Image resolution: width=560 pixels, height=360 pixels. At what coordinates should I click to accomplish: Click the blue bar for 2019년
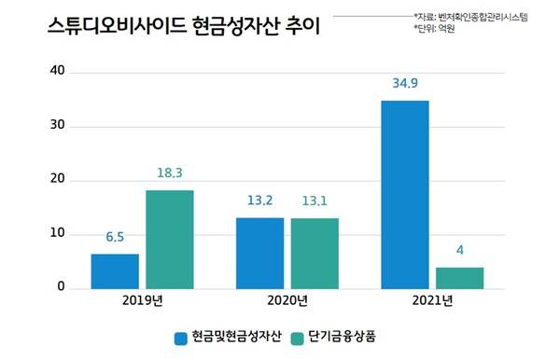[115, 270]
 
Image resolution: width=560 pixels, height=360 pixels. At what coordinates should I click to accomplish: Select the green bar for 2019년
[169, 239]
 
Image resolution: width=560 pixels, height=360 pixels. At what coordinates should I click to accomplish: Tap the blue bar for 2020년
[259, 253]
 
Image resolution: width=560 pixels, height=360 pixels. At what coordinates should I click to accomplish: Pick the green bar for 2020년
[314, 253]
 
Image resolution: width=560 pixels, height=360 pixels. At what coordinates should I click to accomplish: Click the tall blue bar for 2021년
[404, 194]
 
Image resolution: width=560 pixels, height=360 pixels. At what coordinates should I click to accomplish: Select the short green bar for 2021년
[459, 277]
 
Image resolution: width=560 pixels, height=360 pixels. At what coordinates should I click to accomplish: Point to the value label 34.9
[404, 85]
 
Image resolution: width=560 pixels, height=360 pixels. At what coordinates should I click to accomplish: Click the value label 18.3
[169, 174]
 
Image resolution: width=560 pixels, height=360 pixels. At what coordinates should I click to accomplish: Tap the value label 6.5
[115, 239]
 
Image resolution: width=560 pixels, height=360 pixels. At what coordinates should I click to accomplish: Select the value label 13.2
[259, 202]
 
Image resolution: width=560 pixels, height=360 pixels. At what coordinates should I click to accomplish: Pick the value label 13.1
[314, 202]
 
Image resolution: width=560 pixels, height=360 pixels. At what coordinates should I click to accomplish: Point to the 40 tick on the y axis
[58, 71]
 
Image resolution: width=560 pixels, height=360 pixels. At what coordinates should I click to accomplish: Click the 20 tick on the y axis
[58, 179]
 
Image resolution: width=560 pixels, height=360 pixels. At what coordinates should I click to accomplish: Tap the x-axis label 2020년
[287, 301]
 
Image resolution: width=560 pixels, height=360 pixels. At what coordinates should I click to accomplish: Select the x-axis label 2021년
[431, 301]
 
